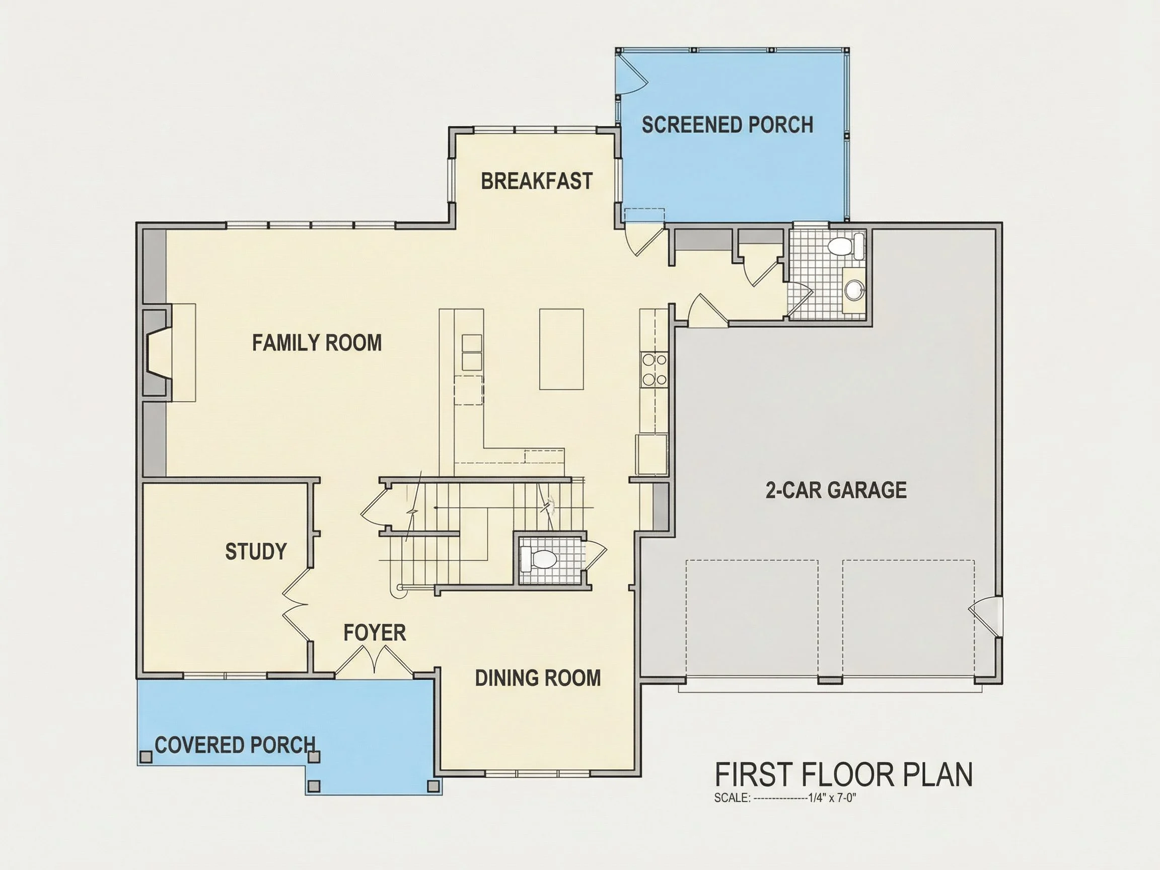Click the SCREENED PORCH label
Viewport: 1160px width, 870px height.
click(x=728, y=125)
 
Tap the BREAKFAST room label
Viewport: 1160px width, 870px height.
click(x=537, y=181)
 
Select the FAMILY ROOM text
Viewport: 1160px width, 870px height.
click(x=317, y=343)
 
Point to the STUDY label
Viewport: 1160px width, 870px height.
click(x=256, y=551)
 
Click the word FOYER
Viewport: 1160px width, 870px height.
click(x=375, y=632)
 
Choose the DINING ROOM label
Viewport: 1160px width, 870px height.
click(x=538, y=678)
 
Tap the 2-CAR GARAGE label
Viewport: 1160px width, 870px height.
click(x=836, y=490)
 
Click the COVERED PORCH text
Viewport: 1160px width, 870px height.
click(x=236, y=745)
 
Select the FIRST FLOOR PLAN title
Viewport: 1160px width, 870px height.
click(x=843, y=774)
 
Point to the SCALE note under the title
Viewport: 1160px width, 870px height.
click(x=785, y=799)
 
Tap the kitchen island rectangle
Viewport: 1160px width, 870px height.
click(x=561, y=349)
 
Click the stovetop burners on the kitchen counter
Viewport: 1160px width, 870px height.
click(x=654, y=370)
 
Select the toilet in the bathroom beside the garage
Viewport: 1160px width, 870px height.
click(x=845, y=245)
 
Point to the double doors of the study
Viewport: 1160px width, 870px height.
click(x=295, y=603)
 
